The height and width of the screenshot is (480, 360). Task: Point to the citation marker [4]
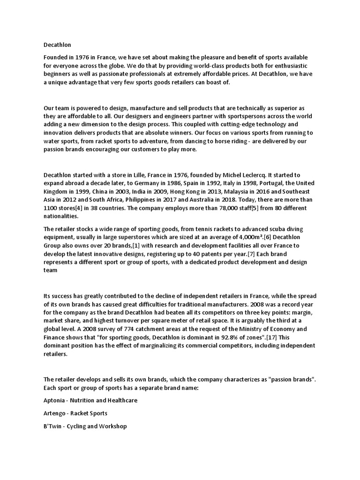click(87, 209)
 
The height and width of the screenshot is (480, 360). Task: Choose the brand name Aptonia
click(55, 401)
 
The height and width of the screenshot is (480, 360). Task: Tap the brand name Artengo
click(55, 413)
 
